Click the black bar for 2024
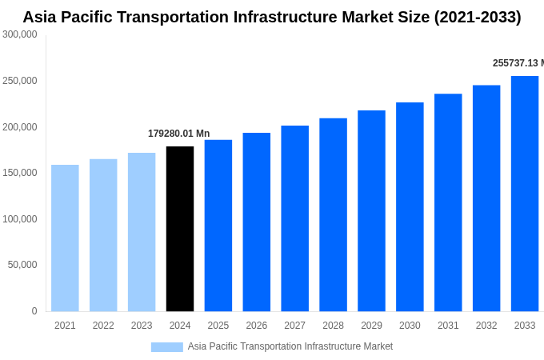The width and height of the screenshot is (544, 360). click(x=180, y=229)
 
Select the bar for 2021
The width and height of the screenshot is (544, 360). click(x=65, y=238)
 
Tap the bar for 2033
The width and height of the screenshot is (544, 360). click(x=525, y=194)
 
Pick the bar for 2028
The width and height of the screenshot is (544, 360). click(x=333, y=214)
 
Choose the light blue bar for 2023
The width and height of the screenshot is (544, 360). click(x=142, y=232)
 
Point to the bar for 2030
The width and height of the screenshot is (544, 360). click(x=410, y=206)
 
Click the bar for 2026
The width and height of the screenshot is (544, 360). click(x=257, y=222)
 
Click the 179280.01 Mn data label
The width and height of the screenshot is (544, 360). click(x=178, y=134)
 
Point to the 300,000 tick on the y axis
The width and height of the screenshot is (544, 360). click(x=20, y=34)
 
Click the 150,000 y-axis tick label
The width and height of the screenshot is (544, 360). click(x=20, y=173)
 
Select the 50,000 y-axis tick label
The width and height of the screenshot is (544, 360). click(x=22, y=265)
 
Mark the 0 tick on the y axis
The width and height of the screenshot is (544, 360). click(x=34, y=311)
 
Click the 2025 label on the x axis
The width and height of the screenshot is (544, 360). click(x=218, y=326)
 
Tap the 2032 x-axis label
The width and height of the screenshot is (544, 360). click(x=486, y=326)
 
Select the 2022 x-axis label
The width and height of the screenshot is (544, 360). click(x=103, y=326)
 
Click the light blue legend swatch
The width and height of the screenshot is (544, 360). click(x=166, y=347)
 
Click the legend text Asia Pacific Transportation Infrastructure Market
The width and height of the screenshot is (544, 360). click(x=290, y=346)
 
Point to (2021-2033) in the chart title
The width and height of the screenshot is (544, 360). click(x=477, y=17)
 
